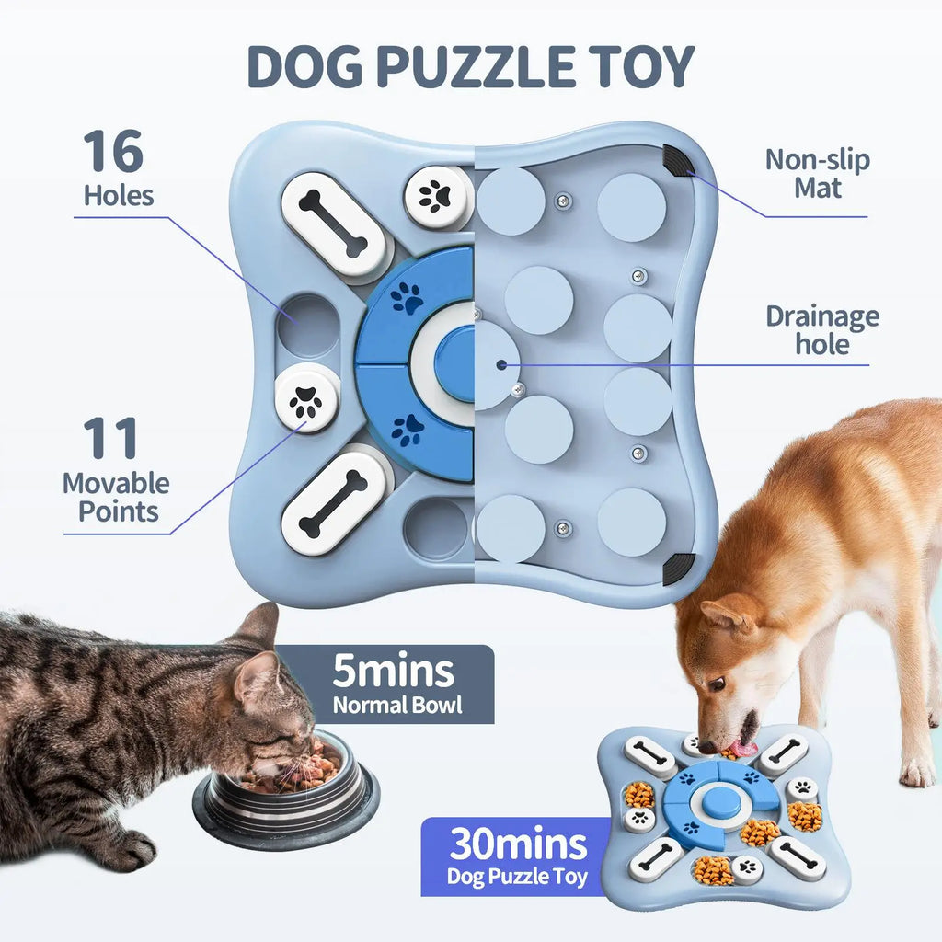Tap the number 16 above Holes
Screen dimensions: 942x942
[113, 151]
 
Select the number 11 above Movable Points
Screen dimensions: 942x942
[110, 439]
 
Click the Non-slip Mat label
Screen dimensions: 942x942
[817, 173]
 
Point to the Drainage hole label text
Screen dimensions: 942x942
[821, 330]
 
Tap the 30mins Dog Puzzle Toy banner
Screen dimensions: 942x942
[517, 856]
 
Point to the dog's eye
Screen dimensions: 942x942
[715, 684]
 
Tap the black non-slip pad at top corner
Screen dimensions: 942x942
[678, 162]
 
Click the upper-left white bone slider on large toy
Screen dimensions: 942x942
[333, 225]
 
